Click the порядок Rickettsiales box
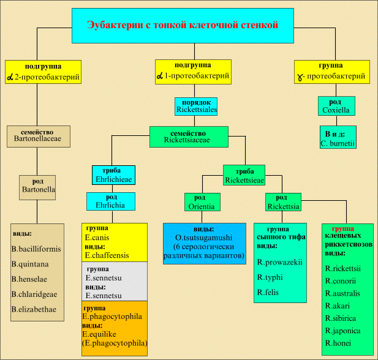click(x=197, y=107)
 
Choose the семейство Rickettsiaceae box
click(x=189, y=136)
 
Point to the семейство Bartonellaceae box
click(x=38, y=136)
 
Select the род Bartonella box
click(x=38, y=186)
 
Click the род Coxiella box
click(x=336, y=107)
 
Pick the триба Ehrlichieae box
click(x=113, y=175)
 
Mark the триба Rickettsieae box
click(x=244, y=175)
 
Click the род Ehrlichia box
click(x=110, y=201)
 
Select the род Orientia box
click(x=202, y=202)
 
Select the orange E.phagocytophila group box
click(x=115, y=328)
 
